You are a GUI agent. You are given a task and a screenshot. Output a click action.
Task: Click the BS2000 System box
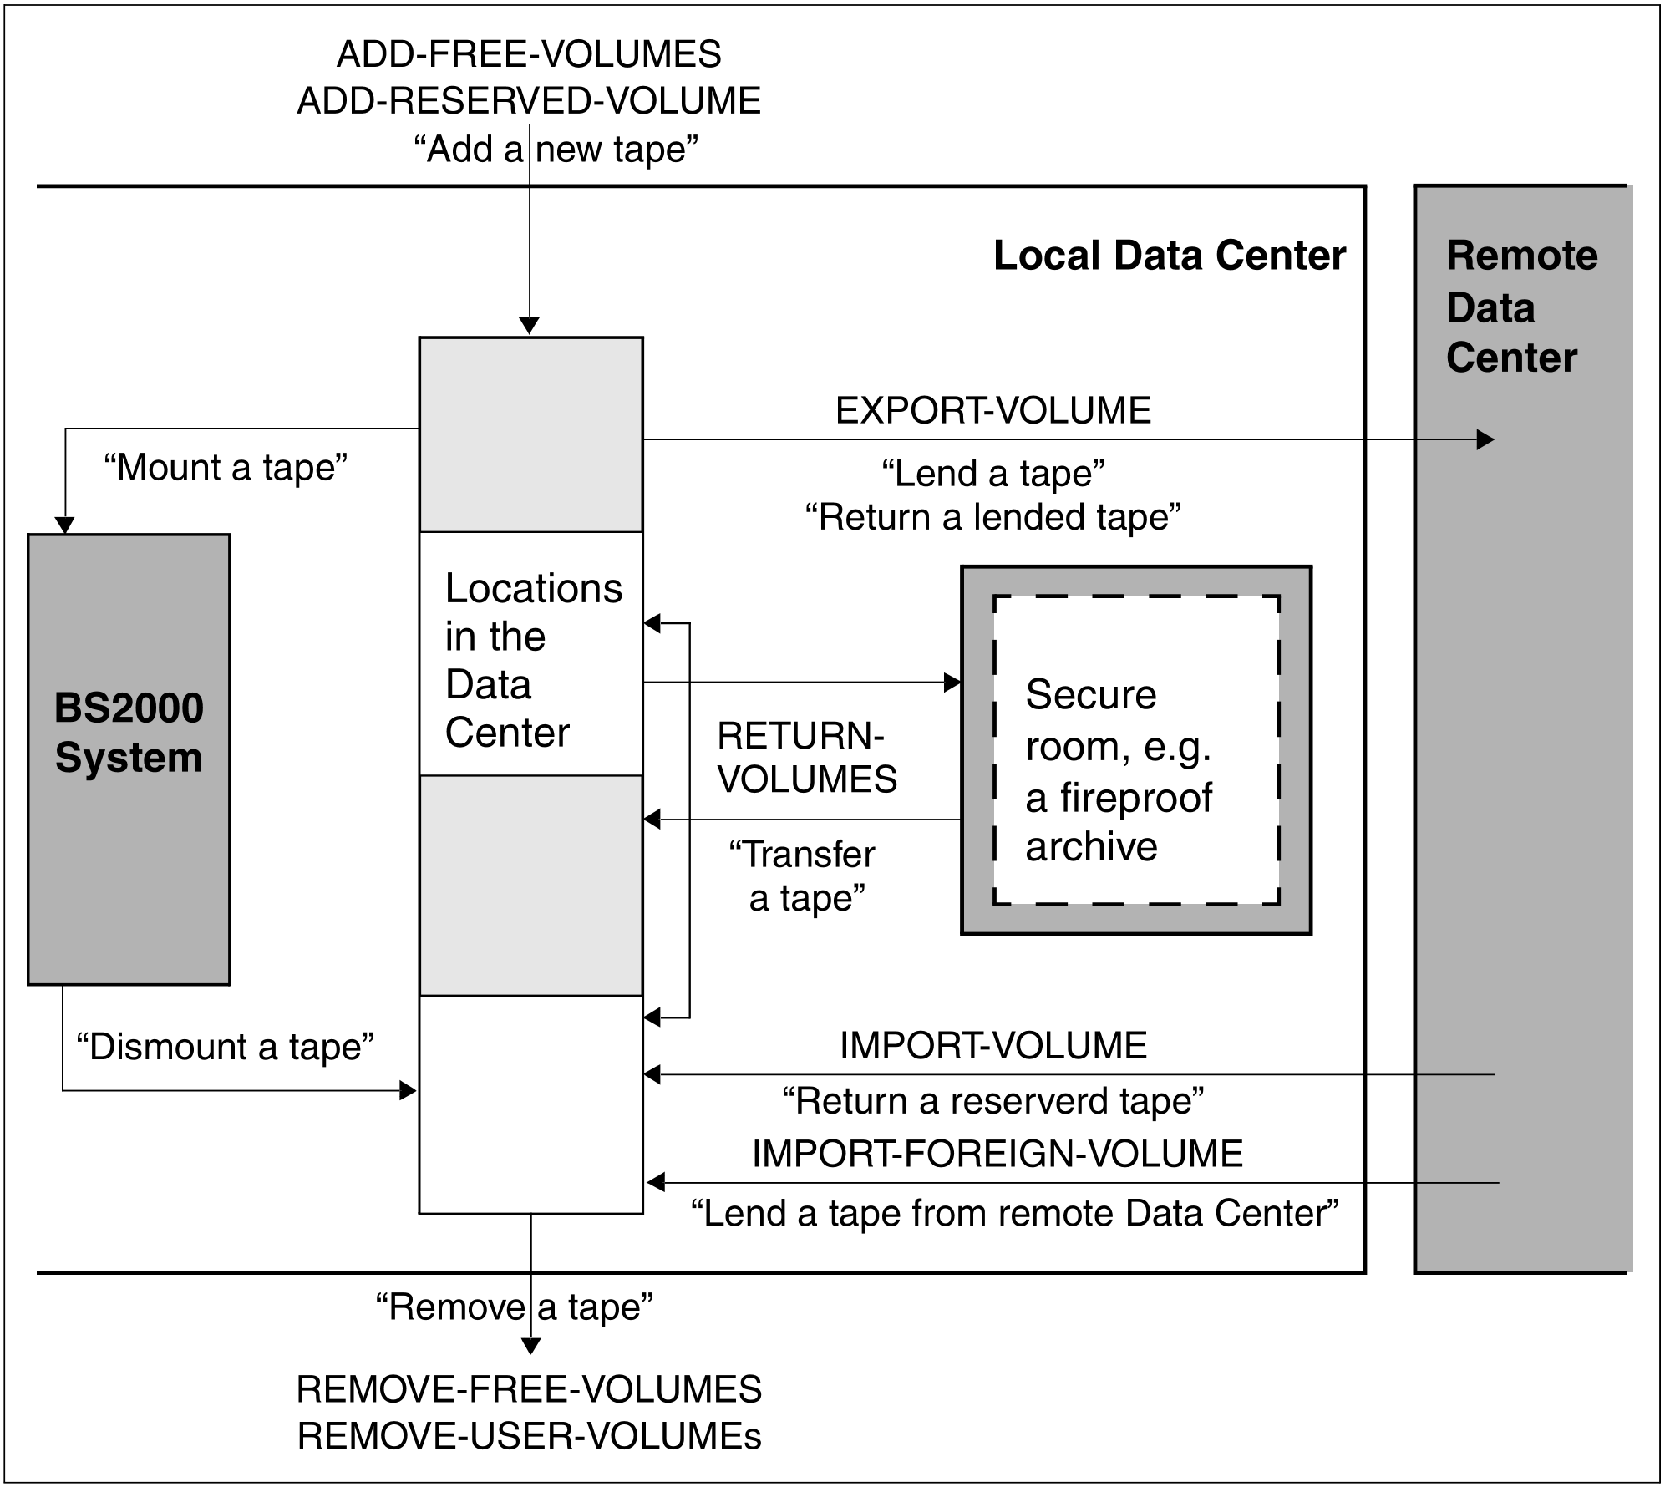(x=129, y=759)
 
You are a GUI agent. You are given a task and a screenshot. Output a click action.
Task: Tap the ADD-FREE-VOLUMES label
(x=529, y=55)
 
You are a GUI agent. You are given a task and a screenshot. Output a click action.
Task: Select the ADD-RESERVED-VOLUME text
(x=529, y=101)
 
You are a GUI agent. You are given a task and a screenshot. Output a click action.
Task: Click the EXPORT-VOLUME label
(x=993, y=411)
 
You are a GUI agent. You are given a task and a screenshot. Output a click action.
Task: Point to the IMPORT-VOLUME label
(x=993, y=1046)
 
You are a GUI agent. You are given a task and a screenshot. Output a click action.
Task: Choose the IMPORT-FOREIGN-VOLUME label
(x=997, y=1154)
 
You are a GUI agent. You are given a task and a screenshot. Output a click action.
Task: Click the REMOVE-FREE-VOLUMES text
(x=529, y=1390)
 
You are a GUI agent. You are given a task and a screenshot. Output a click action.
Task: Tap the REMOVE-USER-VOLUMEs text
(x=529, y=1436)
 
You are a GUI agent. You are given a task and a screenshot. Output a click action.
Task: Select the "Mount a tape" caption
(x=226, y=468)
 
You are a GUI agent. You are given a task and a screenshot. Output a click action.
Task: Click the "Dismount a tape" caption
(x=226, y=1047)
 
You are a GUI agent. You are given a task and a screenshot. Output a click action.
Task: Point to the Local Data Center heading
(x=1170, y=256)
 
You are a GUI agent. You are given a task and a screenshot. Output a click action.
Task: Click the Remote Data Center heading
(x=1520, y=307)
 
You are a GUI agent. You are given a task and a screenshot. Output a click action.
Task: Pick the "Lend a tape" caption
(x=993, y=474)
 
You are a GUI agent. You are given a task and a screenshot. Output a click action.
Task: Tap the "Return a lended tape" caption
(x=993, y=517)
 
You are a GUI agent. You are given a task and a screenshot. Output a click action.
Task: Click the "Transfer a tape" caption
(x=803, y=876)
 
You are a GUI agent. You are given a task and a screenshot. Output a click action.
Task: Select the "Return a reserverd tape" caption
(x=993, y=1101)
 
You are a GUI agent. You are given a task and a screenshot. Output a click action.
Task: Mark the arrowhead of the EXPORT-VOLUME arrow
(x=1485, y=439)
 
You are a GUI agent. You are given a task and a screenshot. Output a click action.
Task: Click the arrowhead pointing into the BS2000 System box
(x=64, y=525)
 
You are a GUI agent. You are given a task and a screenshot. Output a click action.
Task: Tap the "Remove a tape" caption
(x=514, y=1307)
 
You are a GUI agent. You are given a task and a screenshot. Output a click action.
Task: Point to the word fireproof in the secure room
(x=1135, y=798)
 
